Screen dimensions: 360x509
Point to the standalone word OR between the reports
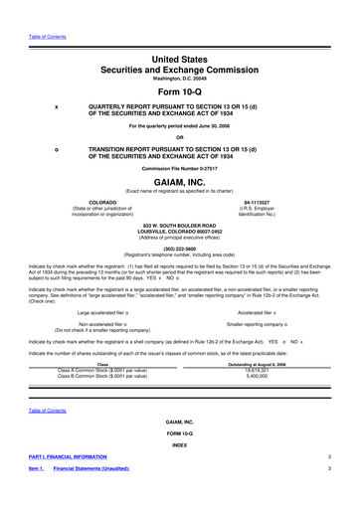(179, 137)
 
